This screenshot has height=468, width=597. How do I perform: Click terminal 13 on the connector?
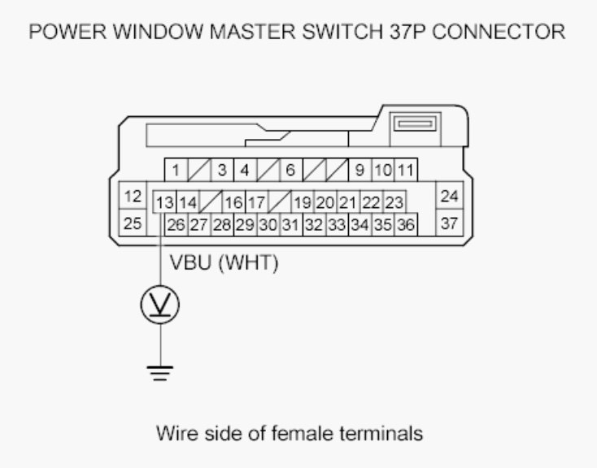click(164, 202)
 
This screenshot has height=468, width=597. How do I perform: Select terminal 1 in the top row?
click(176, 170)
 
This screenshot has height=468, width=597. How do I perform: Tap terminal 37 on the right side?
click(449, 223)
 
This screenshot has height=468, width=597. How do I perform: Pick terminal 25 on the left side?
click(133, 223)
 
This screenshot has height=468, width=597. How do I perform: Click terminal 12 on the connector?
click(133, 196)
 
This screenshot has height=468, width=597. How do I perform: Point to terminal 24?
click(449, 196)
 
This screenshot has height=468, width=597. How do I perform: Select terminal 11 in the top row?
click(406, 170)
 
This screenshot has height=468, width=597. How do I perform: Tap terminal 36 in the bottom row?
click(406, 224)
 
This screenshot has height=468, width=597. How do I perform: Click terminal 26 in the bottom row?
click(176, 224)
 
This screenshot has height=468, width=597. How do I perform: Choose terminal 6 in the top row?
click(291, 170)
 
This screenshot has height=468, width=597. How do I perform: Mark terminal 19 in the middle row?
click(303, 202)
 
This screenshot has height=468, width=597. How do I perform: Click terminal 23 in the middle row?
click(394, 202)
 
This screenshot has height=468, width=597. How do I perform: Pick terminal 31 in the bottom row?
click(291, 224)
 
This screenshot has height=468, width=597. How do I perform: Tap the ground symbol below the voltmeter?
click(160, 373)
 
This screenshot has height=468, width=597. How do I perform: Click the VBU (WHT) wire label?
click(224, 262)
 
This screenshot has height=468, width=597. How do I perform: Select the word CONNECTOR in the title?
click(499, 32)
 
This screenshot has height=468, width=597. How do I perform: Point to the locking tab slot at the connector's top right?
click(415, 124)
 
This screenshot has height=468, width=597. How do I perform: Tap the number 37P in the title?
click(407, 32)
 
